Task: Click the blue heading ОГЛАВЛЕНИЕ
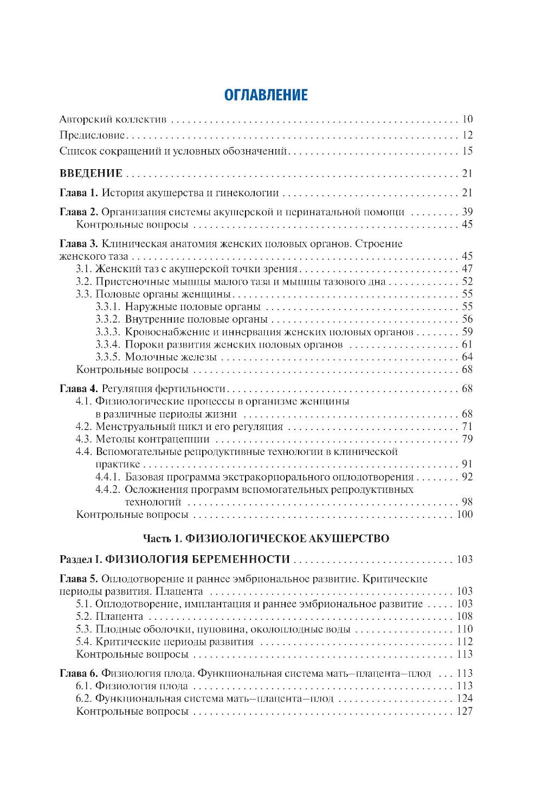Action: click(x=266, y=95)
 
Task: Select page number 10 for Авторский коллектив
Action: click(x=468, y=120)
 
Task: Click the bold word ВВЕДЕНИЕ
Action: click(x=91, y=174)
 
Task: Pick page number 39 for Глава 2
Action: click(x=468, y=212)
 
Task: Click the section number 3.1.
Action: click(x=85, y=269)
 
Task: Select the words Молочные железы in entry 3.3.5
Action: click(x=171, y=357)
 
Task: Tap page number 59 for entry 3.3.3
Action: click(x=468, y=332)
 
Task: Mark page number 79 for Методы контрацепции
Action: click(x=468, y=439)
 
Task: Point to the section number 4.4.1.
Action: click(x=107, y=477)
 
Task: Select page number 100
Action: click(x=465, y=515)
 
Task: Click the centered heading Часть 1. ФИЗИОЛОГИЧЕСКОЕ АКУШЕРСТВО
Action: click(x=266, y=539)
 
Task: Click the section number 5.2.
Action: click(x=85, y=617)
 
